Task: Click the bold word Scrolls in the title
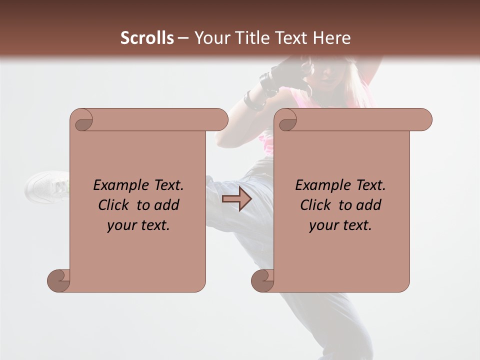[x=147, y=38]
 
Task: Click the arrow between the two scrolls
[x=236, y=199]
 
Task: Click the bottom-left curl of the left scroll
[x=59, y=280]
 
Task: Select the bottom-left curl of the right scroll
[x=263, y=280]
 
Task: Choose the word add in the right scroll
[x=369, y=205]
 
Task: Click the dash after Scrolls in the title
[x=182, y=38]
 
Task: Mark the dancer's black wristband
[x=253, y=100]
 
